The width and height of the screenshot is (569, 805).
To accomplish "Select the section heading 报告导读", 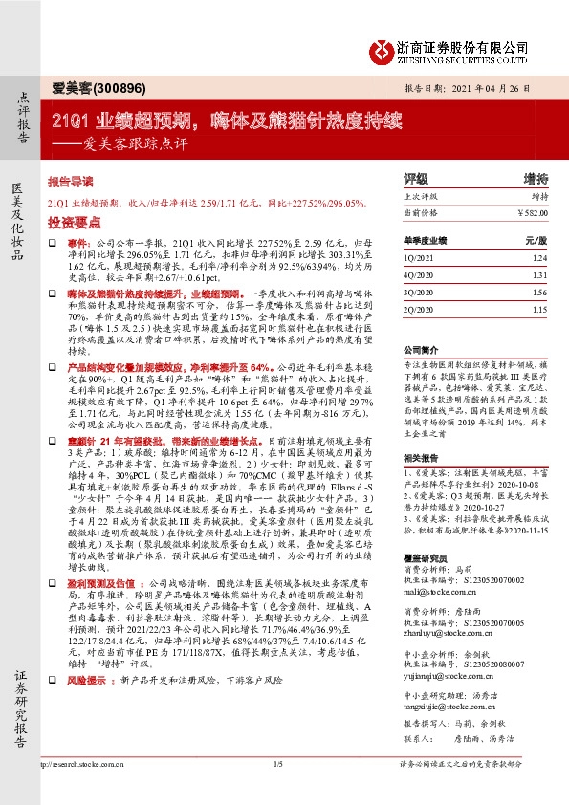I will point(71,181).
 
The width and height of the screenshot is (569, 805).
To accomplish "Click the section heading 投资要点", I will point(71,220).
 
